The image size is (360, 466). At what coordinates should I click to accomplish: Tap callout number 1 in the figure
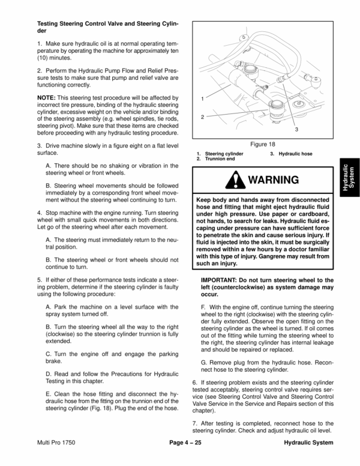[203, 97]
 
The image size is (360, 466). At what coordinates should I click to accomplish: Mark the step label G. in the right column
[205, 363]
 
